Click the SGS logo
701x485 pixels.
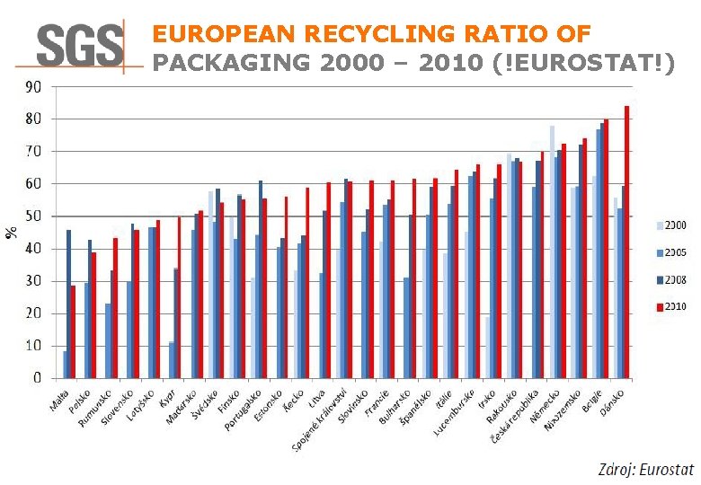[x=80, y=45]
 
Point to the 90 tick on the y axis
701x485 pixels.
[x=31, y=87]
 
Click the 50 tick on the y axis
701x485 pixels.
[x=31, y=216]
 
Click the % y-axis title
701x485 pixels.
[x=12, y=232]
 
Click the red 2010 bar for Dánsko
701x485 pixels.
[x=626, y=242]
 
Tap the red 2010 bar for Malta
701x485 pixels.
[x=73, y=331]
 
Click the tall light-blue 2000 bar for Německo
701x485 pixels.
[x=552, y=251]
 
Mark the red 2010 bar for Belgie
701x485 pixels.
[x=606, y=248]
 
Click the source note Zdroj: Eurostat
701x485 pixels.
[x=646, y=469]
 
